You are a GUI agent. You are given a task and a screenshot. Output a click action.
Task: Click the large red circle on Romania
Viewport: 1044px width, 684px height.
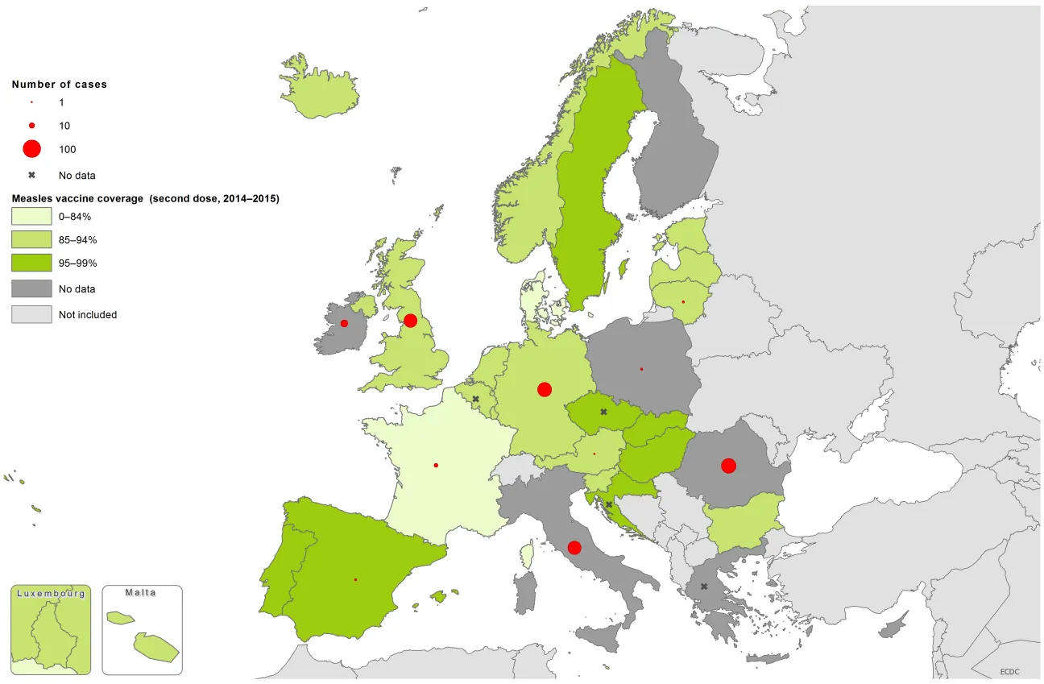click(x=728, y=466)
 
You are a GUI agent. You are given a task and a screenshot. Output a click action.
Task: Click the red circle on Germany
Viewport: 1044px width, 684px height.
click(x=545, y=389)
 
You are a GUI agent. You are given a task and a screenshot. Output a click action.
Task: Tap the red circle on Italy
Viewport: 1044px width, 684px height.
click(x=574, y=548)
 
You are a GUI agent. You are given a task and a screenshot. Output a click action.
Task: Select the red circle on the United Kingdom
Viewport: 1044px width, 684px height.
click(x=410, y=321)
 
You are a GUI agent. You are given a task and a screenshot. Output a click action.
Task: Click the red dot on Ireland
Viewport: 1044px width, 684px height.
click(x=344, y=323)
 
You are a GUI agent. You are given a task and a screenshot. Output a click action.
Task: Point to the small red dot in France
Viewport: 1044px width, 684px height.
click(x=436, y=465)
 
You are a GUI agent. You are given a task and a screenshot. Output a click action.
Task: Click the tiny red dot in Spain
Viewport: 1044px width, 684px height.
click(x=355, y=580)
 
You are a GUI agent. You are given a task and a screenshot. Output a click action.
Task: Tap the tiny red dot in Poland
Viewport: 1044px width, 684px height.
click(x=641, y=369)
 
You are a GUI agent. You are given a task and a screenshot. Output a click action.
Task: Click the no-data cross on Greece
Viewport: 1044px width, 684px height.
click(x=704, y=587)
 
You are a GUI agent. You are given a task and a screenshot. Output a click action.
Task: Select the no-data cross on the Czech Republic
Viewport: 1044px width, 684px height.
click(x=603, y=412)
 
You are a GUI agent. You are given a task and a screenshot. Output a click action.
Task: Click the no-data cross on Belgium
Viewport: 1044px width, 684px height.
click(x=476, y=399)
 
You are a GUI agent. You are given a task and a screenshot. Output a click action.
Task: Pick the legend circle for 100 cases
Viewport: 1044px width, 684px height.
click(x=31, y=149)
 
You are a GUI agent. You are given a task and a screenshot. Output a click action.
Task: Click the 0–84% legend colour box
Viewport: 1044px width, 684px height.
click(x=31, y=217)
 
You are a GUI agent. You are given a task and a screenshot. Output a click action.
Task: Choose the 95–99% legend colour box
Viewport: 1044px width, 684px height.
click(x=31, y=263)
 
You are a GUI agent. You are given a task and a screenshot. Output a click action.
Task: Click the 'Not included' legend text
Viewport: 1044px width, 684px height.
click(x=87, y=315)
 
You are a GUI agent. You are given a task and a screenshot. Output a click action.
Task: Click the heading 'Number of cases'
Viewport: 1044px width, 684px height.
click(x=59, y=84)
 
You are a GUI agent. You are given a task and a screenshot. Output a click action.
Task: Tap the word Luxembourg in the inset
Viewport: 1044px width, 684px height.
click(x=51, y=593)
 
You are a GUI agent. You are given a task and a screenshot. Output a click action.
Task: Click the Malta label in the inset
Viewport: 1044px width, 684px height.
click(x=141, y=592)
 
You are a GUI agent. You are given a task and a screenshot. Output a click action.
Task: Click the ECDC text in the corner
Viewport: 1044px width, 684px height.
click(x=1009, y=671)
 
